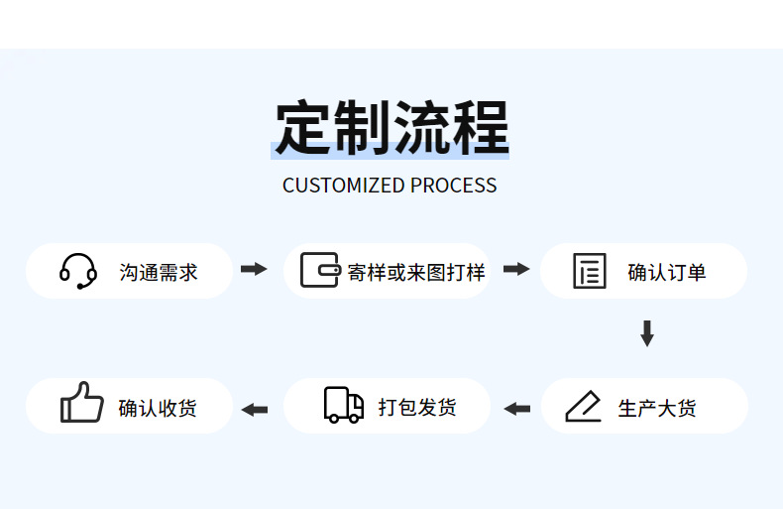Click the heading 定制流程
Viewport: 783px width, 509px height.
coord(391,128)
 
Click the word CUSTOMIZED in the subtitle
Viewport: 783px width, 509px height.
coord(343,186)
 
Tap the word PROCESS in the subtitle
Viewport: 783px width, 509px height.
coord(453,186)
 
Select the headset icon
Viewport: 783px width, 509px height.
coord(78,271)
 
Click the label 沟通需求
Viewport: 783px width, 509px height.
coord(159,272)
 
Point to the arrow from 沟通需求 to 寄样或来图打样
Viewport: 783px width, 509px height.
coord(255,269)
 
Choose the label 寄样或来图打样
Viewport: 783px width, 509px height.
coord(416,272)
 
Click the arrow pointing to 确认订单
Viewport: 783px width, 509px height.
coord(516,269)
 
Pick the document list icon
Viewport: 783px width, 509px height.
coord(590,272)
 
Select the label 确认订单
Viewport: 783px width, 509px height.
coord(667,272)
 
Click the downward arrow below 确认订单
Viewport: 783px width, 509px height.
coord(647,333)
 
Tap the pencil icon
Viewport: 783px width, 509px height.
coord(584,407)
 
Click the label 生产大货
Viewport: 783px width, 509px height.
coord(657,408)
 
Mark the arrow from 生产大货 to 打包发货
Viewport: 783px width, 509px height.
coord(516,408)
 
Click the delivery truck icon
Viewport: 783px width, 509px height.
coord(344,405)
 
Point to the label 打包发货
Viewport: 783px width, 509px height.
coord(417,408)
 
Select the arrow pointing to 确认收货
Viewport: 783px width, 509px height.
coord(255,408)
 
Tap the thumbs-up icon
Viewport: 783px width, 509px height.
coord(81,404)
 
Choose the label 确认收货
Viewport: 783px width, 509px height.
coord(158,408)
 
